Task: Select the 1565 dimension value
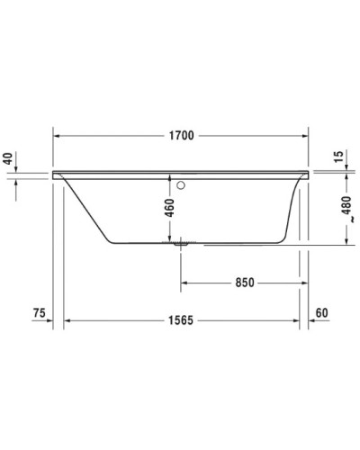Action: (183, 320)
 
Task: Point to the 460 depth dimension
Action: (168, 212)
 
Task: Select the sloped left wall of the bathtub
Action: (88, 211)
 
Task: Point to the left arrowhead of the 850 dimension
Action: (186, 282)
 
